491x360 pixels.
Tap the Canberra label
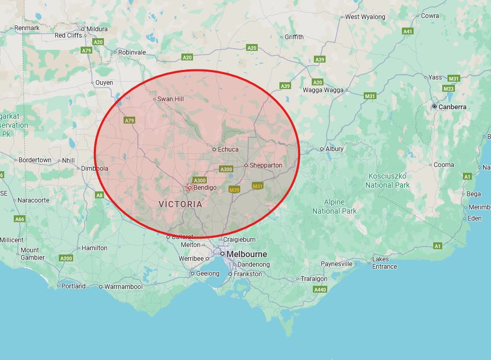[452, 107]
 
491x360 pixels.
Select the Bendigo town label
[205, 188]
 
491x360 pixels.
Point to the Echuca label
[228, 150]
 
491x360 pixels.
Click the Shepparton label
[266, 165]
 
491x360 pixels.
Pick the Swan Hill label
[170, 99]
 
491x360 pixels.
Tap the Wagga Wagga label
[323, 90]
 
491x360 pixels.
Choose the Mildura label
[97, 29]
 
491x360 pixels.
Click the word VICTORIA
[180, 204]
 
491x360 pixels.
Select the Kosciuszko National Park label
[388, 180]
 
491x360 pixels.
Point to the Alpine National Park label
[335, 206]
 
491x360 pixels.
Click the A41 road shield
[408, 32]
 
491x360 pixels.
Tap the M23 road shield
[449, 89]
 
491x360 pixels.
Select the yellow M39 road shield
[234, 189]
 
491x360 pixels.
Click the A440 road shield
[320, 290]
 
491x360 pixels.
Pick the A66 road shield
[20, 219]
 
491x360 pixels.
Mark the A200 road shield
[66, 258]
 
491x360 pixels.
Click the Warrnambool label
[124, 287]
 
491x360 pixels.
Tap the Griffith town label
[294, 37]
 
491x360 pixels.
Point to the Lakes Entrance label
[384, 263]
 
